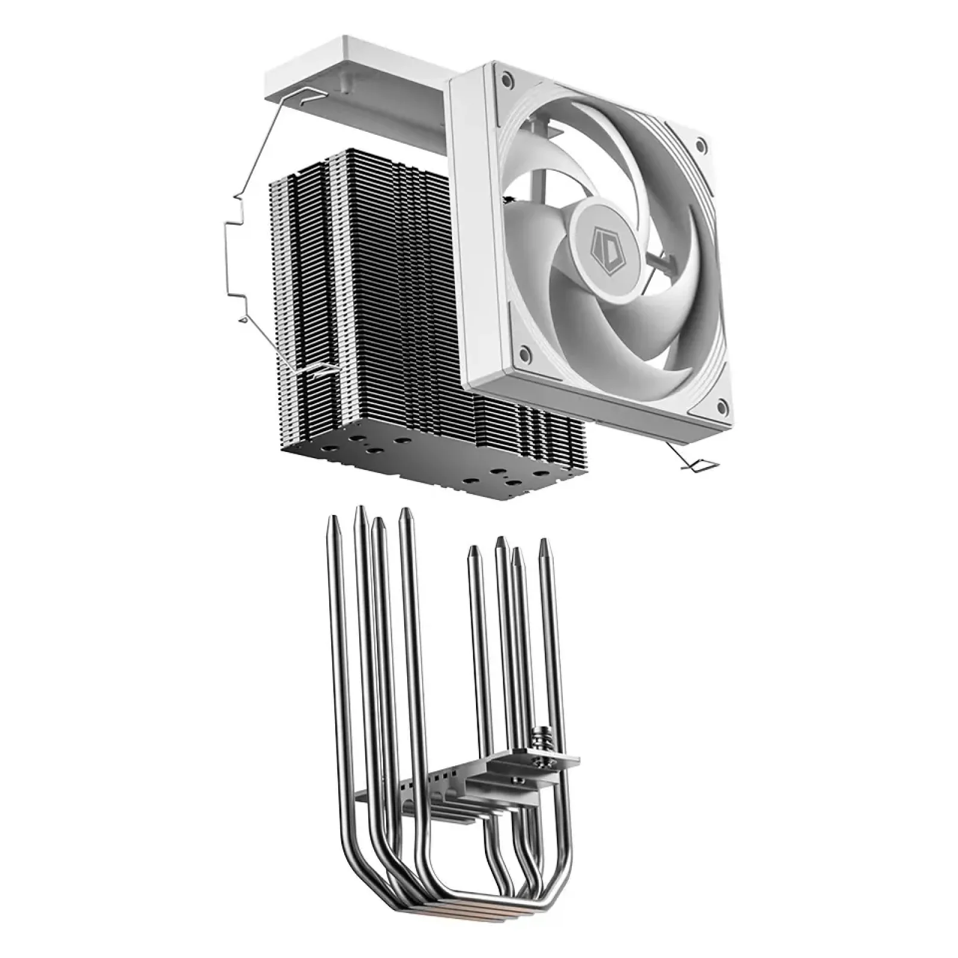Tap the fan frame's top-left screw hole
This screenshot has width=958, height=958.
pos(507,78)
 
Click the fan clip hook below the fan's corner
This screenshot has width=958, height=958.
pos(695,464)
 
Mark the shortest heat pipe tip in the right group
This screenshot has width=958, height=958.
pos(517,554)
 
